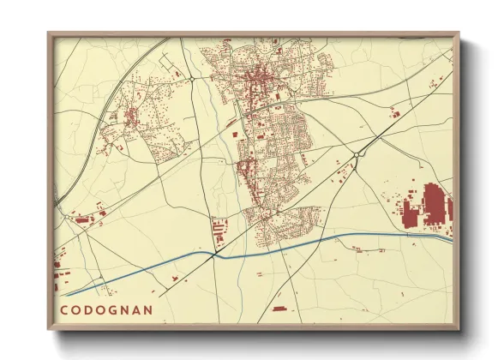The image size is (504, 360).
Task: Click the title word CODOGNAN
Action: (106, 309)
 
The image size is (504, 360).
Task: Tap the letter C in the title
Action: (64, 309)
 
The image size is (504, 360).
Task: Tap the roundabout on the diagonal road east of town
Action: (355, 155)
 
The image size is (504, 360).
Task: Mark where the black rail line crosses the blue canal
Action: (213, 254)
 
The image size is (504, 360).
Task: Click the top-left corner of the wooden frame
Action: (49, 33)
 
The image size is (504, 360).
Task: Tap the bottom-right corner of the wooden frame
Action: (459, 329)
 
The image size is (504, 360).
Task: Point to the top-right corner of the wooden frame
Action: (459, 33)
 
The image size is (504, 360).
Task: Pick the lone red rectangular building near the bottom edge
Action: (278, 308)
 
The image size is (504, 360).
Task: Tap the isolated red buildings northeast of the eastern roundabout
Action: (394, 114)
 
